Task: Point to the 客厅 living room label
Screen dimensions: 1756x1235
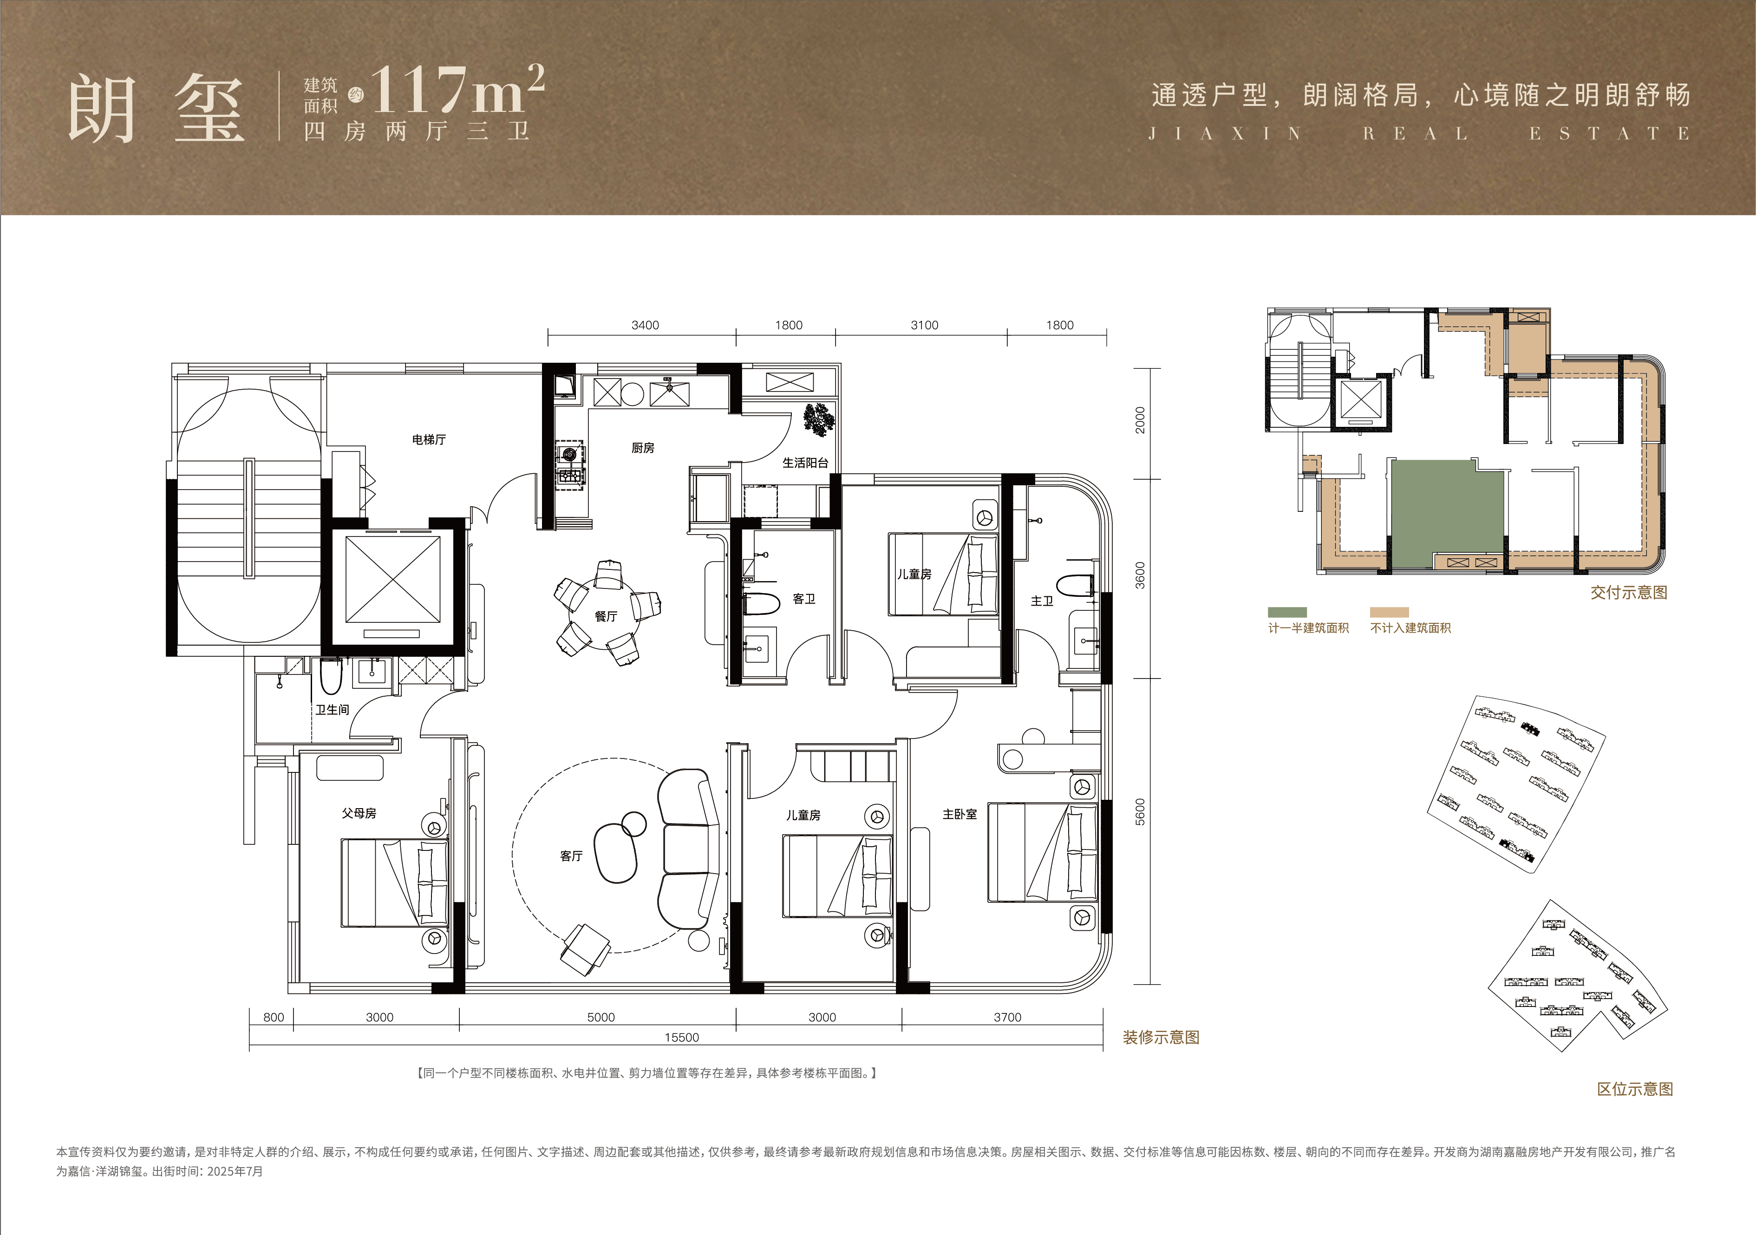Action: pos(571,856)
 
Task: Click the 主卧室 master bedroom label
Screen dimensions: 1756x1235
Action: pos(960,814)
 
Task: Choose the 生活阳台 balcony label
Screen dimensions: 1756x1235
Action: pos(805,463)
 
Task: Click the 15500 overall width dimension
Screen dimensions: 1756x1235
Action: pos(681,1038)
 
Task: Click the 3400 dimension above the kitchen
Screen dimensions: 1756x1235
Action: pos(645,325)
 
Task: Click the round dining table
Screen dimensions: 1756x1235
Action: pos(605,615)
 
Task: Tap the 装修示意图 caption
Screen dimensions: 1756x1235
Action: pos(1161,1038)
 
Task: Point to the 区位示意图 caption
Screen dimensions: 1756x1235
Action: pos(1635,1089)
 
